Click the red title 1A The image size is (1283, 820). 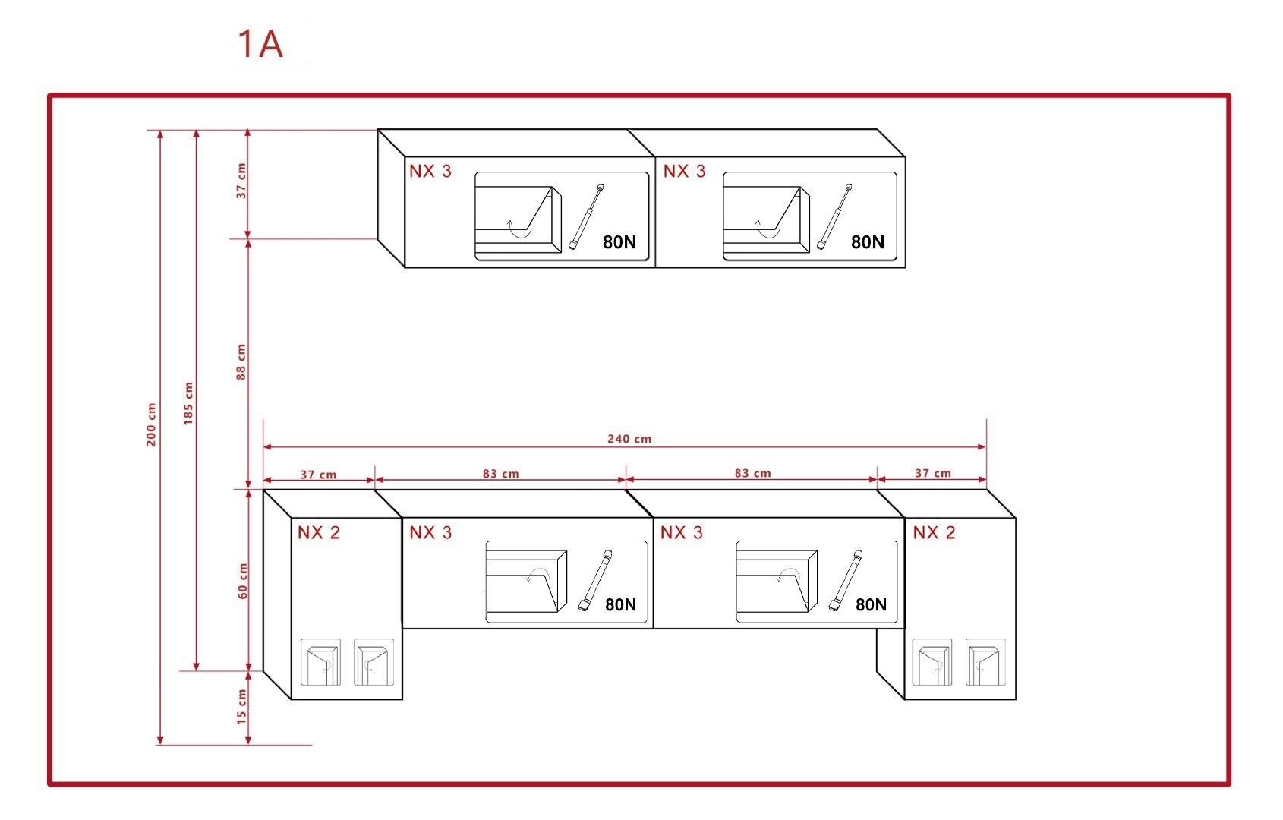[260, 44]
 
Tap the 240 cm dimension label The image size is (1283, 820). [629, 439]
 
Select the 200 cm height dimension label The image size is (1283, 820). [150, 424]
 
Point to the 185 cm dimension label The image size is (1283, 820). [188, 403]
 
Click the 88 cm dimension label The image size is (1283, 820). [241, 361]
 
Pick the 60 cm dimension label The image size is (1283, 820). [243, 581]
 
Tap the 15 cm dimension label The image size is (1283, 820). [241, 707]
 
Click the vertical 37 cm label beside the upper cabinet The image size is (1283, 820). [241, 181]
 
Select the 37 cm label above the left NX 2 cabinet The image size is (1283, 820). [318, 475]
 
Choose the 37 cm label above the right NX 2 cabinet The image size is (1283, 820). [932, 473]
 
